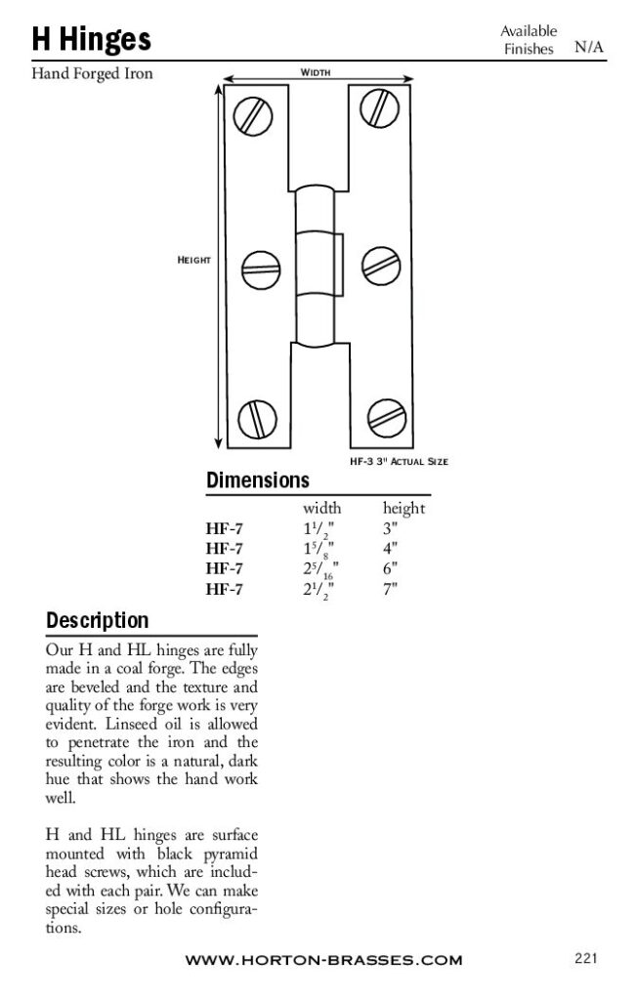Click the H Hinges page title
click(x=92, y=39)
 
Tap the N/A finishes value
click(x=588, y=46)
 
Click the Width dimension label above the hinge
click(x=315, y=72)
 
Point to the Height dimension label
click(x=193, y=260)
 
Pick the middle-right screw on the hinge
click(x=376, y=262)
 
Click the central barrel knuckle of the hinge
click(x=317, y=261)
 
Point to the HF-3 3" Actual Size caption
click(x=399, y=461)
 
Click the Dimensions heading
click(x=258, y=480)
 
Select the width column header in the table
click(x=321, y=509)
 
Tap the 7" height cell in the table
click(x=391, y=588)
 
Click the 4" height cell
click(x=391, y=549)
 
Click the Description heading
click(x=98, y=620)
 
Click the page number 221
click(x=586, y=958)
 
